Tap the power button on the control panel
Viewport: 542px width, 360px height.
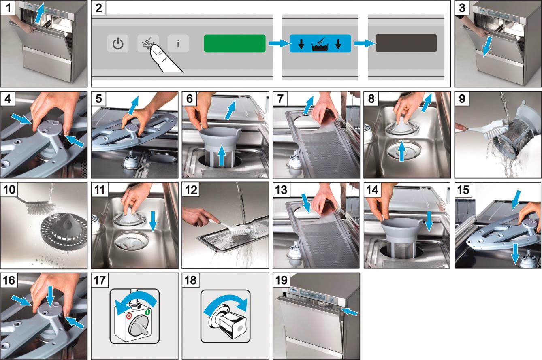tap(118, 43)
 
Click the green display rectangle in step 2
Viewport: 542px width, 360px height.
tap(235, 43)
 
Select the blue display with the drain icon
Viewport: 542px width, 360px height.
tap(320, 44)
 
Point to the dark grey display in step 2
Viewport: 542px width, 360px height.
tap(406, 43)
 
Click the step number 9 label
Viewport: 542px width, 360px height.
tap(462, 98)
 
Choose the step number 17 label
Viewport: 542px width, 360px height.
tap(100, 280)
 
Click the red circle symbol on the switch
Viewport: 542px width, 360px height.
tap(129, 316)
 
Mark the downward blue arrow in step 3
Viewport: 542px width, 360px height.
tap(487, 47)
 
